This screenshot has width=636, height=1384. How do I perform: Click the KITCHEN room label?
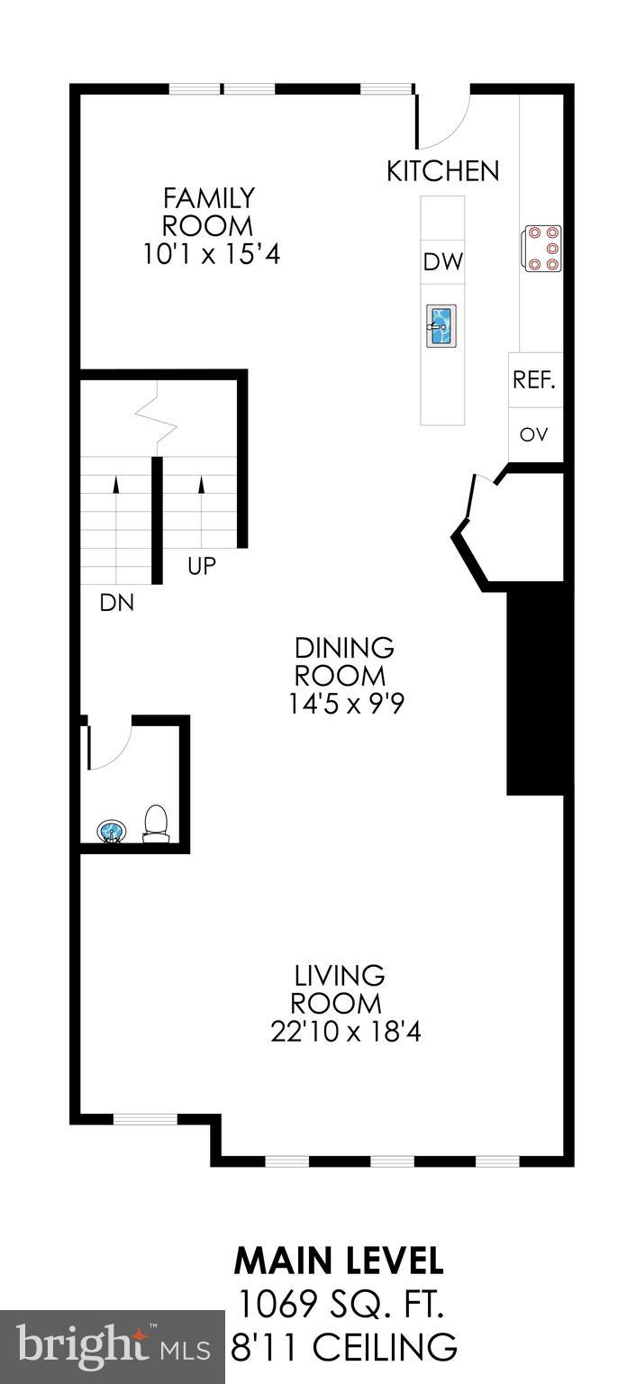tap(442, 171)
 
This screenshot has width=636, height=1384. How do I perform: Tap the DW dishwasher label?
tap(442, 262)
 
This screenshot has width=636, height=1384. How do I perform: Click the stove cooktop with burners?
tap(541, 248)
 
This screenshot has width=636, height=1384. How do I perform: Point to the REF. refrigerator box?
tap(534, 379)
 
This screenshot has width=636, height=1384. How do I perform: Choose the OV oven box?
tap(534, 434)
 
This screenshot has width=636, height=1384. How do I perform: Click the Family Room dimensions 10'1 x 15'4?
tap(212, 255)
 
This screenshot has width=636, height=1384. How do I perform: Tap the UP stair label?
tap(202, 566)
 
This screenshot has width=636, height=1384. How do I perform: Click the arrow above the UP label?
tap(202, 486)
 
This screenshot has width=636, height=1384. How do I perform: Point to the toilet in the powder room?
tap(157, 824)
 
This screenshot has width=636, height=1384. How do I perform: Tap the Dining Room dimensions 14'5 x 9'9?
tap(345, 703)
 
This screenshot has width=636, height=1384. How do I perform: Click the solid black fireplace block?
tap(535, 693)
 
